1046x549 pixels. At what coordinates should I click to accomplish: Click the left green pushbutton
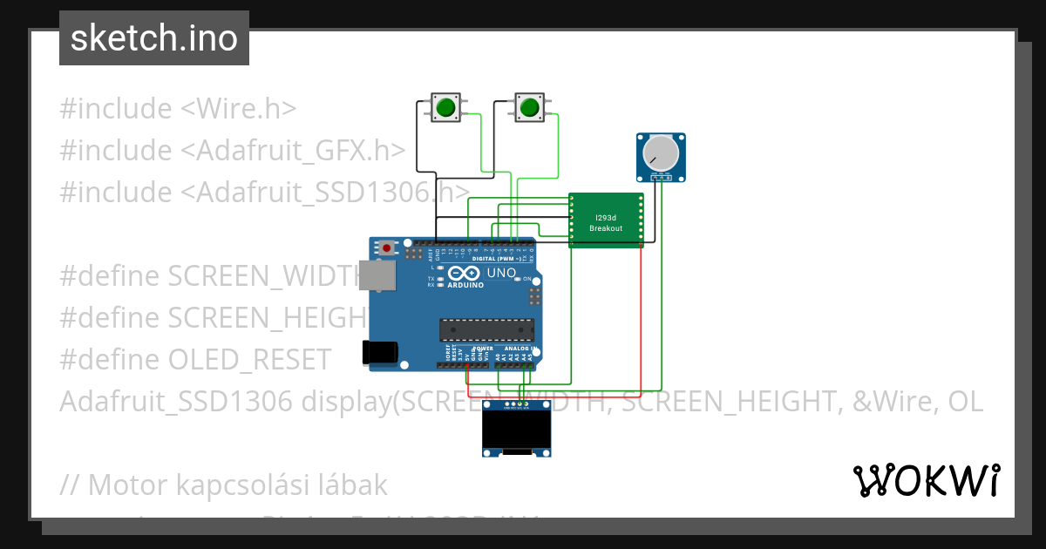(445, 107)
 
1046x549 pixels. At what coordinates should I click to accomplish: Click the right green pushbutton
(528, 107)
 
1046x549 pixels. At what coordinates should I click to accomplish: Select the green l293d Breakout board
(606, 220)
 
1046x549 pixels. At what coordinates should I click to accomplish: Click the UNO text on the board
(501, 274)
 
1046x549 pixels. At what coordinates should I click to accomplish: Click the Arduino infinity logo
(458, 274)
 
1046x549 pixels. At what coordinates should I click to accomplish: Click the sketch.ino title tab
(154, 38)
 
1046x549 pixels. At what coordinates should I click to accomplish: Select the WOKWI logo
(927, 480)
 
